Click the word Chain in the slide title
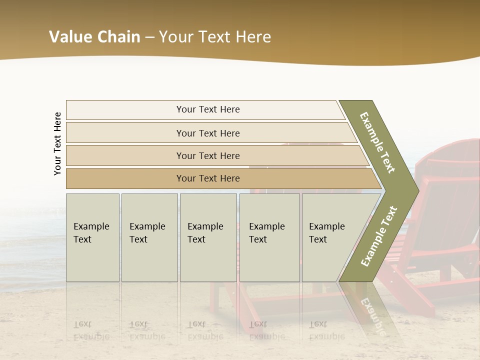click(118, 37)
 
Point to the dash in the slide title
click(149, 37)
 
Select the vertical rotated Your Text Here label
click(57, 143)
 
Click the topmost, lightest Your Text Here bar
click(207, 109)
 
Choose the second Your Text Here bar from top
click(207, 133)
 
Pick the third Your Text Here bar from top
click(207, 155)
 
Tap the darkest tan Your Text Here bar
click(207, 178)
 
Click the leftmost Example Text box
click(92, 237)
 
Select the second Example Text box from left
click(149, 237)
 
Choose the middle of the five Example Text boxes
click(208, 237)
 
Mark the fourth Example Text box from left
click(269, 237)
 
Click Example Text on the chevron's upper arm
click(377, 142)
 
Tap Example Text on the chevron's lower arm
click(379, 236)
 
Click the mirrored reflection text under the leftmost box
click(91, 330)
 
